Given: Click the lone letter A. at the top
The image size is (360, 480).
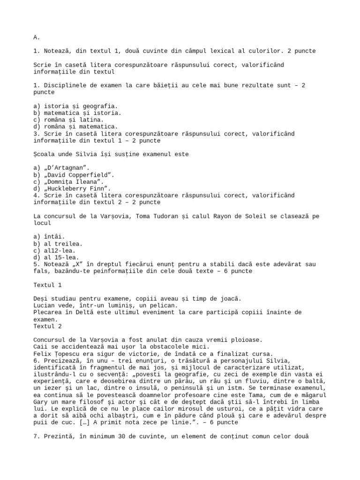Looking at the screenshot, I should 37,37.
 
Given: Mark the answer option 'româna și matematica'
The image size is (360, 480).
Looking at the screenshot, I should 75,127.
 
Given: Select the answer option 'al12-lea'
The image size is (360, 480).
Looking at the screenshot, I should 56,250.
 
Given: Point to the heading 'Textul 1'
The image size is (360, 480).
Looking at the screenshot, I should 47,285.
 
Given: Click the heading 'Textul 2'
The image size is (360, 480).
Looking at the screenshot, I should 47,326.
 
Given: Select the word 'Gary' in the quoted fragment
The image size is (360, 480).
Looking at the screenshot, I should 41,402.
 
